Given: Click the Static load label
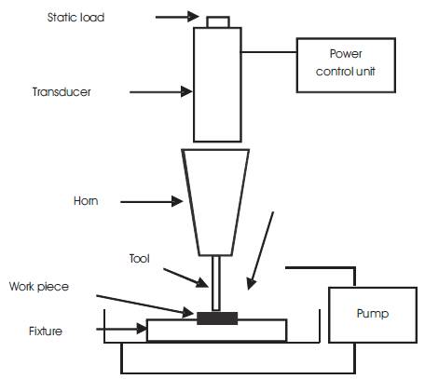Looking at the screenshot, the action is point(75,18).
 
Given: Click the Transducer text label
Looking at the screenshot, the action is point(62,92).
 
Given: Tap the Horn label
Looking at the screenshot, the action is point(86,201).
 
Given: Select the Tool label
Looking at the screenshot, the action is point(140,259).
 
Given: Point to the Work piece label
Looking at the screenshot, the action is point(39,287).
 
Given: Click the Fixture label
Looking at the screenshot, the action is point(46,332).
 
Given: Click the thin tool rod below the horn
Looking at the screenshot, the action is point(216,283).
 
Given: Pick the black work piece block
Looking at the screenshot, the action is point(217,318).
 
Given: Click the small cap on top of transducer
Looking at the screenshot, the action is point(218,22).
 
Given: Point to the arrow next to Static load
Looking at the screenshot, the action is point(177,17).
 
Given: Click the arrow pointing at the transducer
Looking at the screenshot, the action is point(161,92).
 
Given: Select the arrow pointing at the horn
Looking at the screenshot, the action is point(152,201).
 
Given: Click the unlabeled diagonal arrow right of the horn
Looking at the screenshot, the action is point(260,250).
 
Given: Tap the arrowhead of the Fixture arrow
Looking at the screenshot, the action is point(142,329).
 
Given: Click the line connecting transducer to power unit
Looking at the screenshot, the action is point(269,52).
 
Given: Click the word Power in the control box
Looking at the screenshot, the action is point(346,54).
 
